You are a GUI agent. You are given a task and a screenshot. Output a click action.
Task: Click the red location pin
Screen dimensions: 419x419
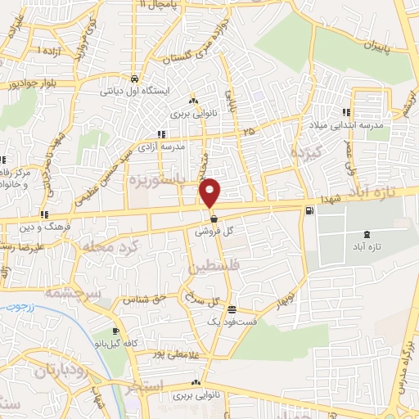[211, 191]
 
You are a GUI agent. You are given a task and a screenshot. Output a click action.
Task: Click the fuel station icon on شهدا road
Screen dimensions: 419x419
[308, 210]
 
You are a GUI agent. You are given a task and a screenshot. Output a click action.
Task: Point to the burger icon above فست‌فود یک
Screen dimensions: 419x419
[233, 309]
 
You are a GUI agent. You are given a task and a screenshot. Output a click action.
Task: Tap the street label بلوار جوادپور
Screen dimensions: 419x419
[30, 84]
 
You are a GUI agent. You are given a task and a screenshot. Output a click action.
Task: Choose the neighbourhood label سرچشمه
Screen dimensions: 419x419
[72, 291]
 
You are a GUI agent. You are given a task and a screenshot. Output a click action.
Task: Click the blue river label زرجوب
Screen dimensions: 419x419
[18, 312]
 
